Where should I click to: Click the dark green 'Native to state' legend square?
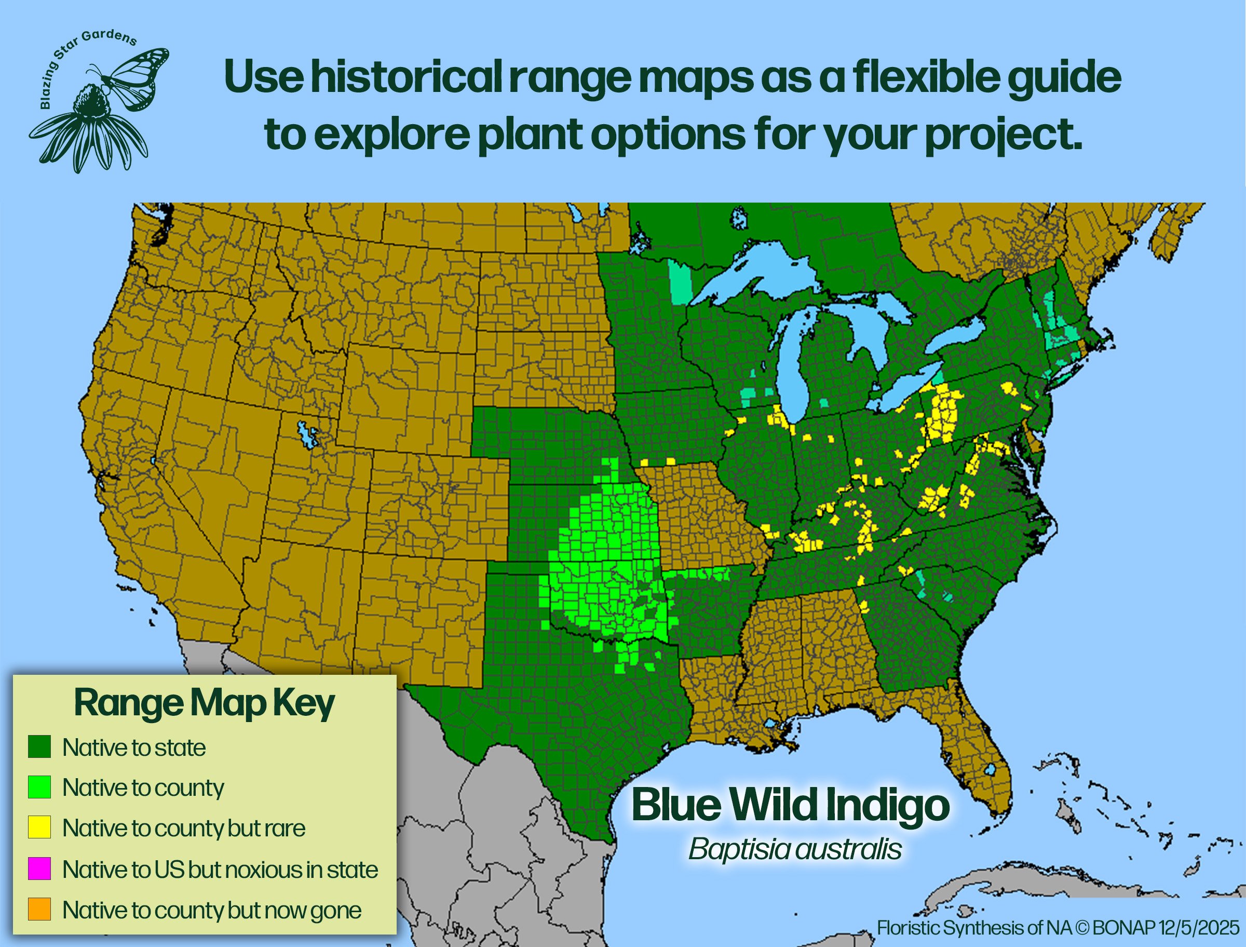(39, 746)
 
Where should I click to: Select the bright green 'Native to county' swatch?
(39, 786)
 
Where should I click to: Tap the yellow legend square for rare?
(39, 827)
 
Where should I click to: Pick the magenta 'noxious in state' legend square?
(39, 868)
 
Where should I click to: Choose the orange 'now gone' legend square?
(39, 909)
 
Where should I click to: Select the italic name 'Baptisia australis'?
(795, 849)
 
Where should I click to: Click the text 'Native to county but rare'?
(184, 828)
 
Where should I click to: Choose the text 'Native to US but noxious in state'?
(220, 869)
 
